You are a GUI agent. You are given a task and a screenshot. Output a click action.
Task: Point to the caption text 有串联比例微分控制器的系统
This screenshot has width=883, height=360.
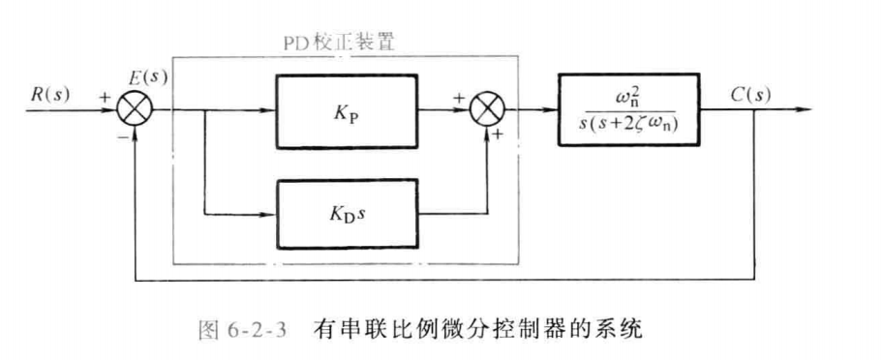(477, 330)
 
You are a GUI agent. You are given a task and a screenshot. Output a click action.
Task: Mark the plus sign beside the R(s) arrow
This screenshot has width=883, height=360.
(101, 96)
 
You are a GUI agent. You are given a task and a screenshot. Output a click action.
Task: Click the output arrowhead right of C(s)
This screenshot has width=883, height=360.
(803, 109)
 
